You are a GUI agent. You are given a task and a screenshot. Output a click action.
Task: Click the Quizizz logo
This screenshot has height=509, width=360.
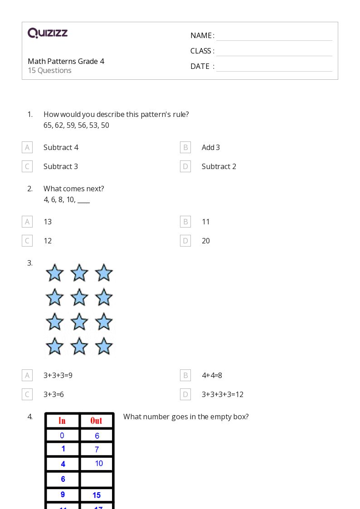[48, 33]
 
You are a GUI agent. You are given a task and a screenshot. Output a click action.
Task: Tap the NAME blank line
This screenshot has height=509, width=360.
[274, 36]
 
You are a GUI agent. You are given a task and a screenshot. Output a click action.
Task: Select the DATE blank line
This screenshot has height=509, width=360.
[274, 67]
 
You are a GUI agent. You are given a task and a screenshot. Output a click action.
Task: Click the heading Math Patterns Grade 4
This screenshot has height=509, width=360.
[66, 61]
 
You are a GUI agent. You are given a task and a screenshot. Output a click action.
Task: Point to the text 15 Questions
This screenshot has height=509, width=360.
[49, 71]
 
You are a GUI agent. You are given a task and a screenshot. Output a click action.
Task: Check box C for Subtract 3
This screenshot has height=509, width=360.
[27, 166]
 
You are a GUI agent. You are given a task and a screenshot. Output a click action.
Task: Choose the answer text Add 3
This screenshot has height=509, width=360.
[211, 147]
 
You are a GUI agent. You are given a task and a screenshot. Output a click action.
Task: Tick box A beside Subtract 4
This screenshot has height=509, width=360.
[27, 147]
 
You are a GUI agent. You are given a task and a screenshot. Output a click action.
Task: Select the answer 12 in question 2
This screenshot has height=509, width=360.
[48, 241]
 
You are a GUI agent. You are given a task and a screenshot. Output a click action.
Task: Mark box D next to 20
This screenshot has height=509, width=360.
[185, 241]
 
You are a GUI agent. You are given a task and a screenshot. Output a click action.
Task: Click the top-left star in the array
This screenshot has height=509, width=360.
[55, 273]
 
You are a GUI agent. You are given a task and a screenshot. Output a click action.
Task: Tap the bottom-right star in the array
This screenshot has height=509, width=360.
[104, 346]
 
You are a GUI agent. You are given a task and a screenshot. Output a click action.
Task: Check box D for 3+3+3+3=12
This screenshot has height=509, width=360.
[185, 394]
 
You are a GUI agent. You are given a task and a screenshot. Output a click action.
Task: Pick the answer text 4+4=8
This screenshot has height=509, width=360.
[212, 375]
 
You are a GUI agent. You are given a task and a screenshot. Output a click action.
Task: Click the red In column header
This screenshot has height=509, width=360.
[62, 421]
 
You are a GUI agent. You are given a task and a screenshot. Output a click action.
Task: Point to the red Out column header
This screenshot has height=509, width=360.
[96, 421]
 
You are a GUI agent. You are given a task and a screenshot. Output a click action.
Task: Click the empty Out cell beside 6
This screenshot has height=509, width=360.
[97, 479]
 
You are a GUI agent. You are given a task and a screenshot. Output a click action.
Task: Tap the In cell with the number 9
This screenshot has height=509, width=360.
[63, 495]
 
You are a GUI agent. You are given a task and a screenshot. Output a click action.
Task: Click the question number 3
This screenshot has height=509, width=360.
[30, 263]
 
